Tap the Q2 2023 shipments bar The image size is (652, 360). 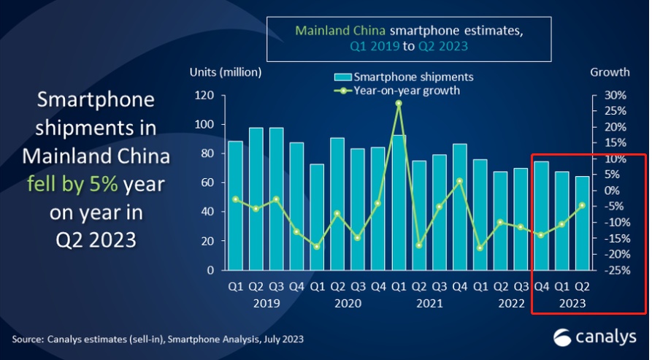[582, 223]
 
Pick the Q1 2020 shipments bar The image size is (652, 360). [317, 217]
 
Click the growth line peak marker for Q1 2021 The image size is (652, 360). [399, 103]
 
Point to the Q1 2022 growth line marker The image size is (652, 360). [480, 248]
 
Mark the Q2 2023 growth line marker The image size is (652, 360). [582, 205]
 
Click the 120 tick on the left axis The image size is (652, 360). [204, 96]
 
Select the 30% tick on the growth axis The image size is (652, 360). [614, 96]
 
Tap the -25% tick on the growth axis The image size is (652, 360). [613, 270]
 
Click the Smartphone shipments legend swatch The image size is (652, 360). [343, 77]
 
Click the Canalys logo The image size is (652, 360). [591, 337]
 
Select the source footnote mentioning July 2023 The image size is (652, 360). [158, 340]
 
